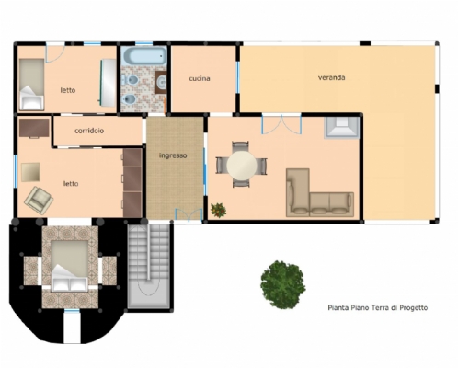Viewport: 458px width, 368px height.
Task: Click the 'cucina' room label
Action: tap(200, 78)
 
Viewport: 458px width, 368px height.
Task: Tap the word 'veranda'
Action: tap(331, 77)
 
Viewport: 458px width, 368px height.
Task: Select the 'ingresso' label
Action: tap(173, 155)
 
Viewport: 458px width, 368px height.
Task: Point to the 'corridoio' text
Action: tap(89, 131)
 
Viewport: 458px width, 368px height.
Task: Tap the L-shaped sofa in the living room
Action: tap(320, 192)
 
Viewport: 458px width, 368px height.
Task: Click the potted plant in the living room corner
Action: tap(218, 210)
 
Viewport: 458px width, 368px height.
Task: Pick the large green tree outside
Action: tap(282, 284)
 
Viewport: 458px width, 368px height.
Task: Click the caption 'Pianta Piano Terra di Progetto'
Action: tap(378, 307)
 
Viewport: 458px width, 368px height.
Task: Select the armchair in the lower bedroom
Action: tap(39, 201)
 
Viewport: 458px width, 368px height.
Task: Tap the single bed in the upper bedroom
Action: tap(31, 85)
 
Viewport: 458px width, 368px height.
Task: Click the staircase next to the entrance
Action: tap(148, 266)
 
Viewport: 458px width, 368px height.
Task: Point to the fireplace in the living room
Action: tap(341, 128)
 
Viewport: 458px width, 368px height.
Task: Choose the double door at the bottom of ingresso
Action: tap(189, 214)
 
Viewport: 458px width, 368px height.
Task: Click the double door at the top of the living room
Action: tap(281, 124)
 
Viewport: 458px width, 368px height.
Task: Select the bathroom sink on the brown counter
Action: tap(162, 82)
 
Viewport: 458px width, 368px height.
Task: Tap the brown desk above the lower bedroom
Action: tap(34, 128)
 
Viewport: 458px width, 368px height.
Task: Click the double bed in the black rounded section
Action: tap(70, 266)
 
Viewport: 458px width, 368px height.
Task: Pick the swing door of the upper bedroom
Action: tap(54, 53)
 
